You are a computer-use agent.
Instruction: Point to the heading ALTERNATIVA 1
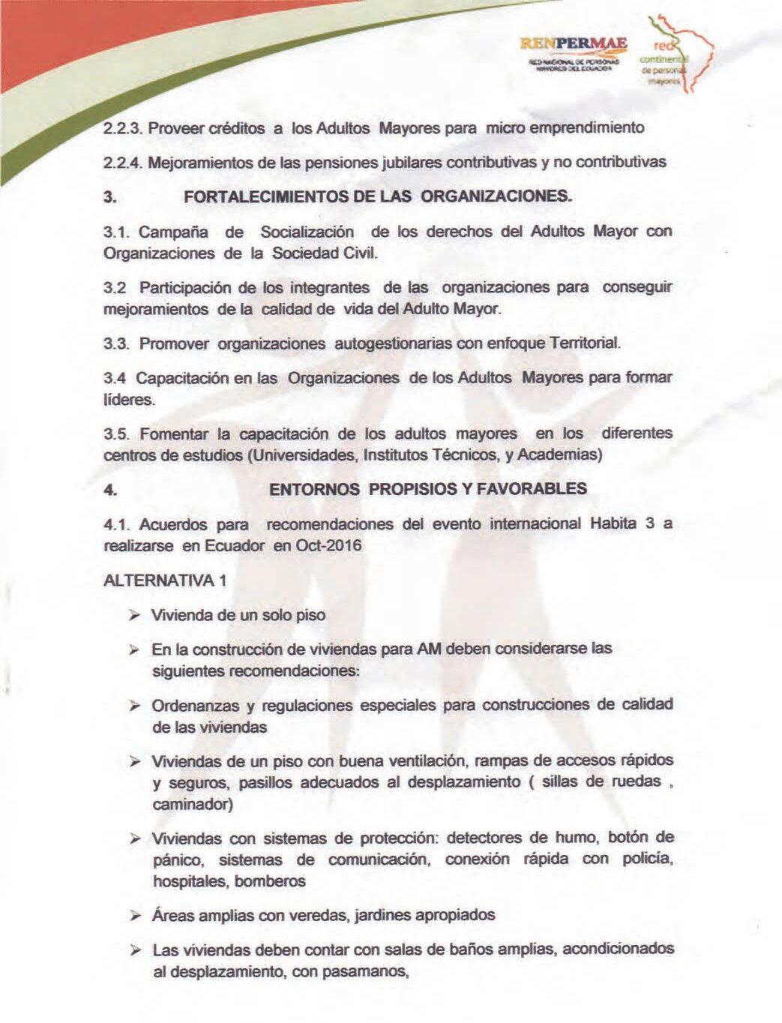165,580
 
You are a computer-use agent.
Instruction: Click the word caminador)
193,804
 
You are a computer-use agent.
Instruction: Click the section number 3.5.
118,433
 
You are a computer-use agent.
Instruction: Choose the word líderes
129,399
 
